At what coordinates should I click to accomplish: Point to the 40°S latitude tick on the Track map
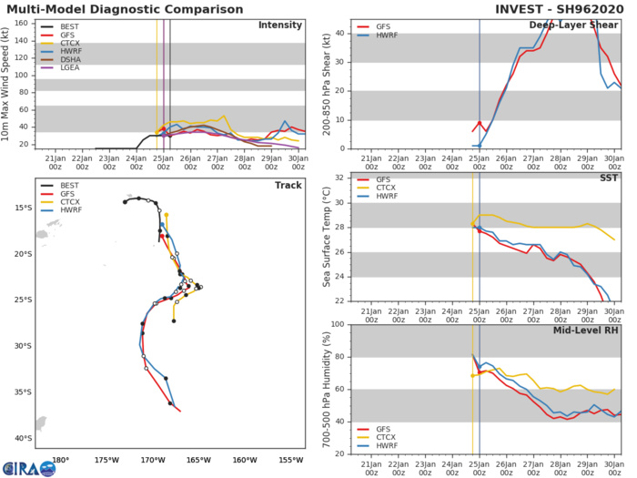(23, 439)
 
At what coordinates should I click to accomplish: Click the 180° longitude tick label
(61, 459)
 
